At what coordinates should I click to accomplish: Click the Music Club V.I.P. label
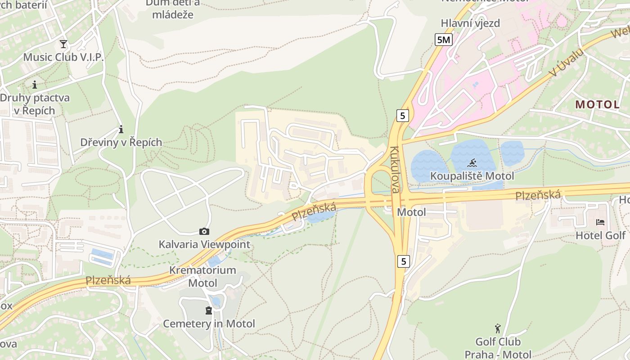[x=63, y=57]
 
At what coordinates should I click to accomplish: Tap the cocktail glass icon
[x=63, y=44]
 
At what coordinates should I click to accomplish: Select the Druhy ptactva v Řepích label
[x=34, y=104]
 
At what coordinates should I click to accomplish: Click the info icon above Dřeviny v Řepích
[x=121, y=130]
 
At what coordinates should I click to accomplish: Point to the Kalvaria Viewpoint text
[x=204, y=244]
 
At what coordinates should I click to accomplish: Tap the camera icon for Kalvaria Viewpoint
[x=204, y=231]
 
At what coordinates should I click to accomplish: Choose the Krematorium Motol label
[x=202, y=277]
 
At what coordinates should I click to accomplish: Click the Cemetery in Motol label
[x=209, y=324]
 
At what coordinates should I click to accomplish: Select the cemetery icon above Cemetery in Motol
[x=208, y=310]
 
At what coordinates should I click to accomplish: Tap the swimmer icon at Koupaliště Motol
[x=472, y=163]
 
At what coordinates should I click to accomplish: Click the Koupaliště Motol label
[x=472, y=175]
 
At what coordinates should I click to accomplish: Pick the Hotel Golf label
[x=600, y=235]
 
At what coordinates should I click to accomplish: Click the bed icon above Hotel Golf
[x=600, y=222]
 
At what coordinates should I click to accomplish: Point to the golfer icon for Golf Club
[x=498, y=328]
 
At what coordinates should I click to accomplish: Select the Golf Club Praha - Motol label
[x=498, y=348]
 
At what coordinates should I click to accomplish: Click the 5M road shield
[x=444, y=40]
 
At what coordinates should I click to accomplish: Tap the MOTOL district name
[x=598, y=104]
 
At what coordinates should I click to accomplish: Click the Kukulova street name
[x=395, y=170]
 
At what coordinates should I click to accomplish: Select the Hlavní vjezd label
[x=470, y=23]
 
